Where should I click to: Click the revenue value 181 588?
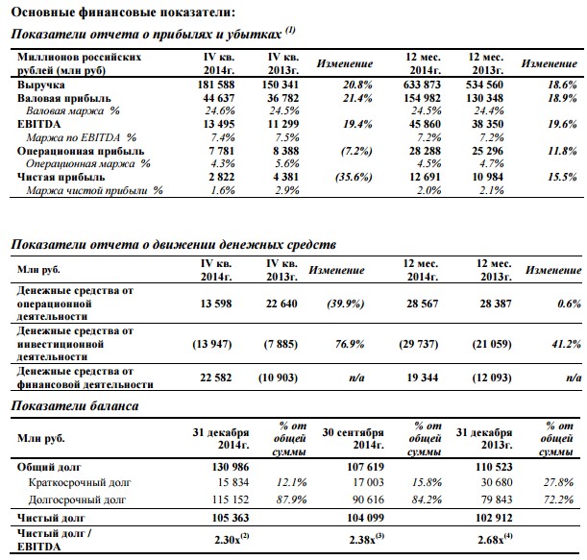coord(216,85)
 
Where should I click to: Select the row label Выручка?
coord(40,85)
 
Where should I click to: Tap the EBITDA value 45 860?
coord(425,124)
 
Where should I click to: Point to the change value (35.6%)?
coord(354,177)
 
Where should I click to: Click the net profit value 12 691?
coord(425,177)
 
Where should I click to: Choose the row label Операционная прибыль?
coord(81,151)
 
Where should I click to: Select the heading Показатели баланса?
coord(75,405)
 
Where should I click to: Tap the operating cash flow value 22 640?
coord(281,304)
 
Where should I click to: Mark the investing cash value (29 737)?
coord(418,344)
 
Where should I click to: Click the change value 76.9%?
coord(350,344)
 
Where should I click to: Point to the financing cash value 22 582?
coord(215,377)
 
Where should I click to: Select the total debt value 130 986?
coord(231,467)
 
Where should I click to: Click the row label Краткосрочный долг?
coord(80,482)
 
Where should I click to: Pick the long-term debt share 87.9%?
coord(292,499)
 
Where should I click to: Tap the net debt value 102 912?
coord(494,518)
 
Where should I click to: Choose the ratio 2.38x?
coord(362,540)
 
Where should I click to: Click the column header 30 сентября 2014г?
coord(353,438)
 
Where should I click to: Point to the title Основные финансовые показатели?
coord(123,12)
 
